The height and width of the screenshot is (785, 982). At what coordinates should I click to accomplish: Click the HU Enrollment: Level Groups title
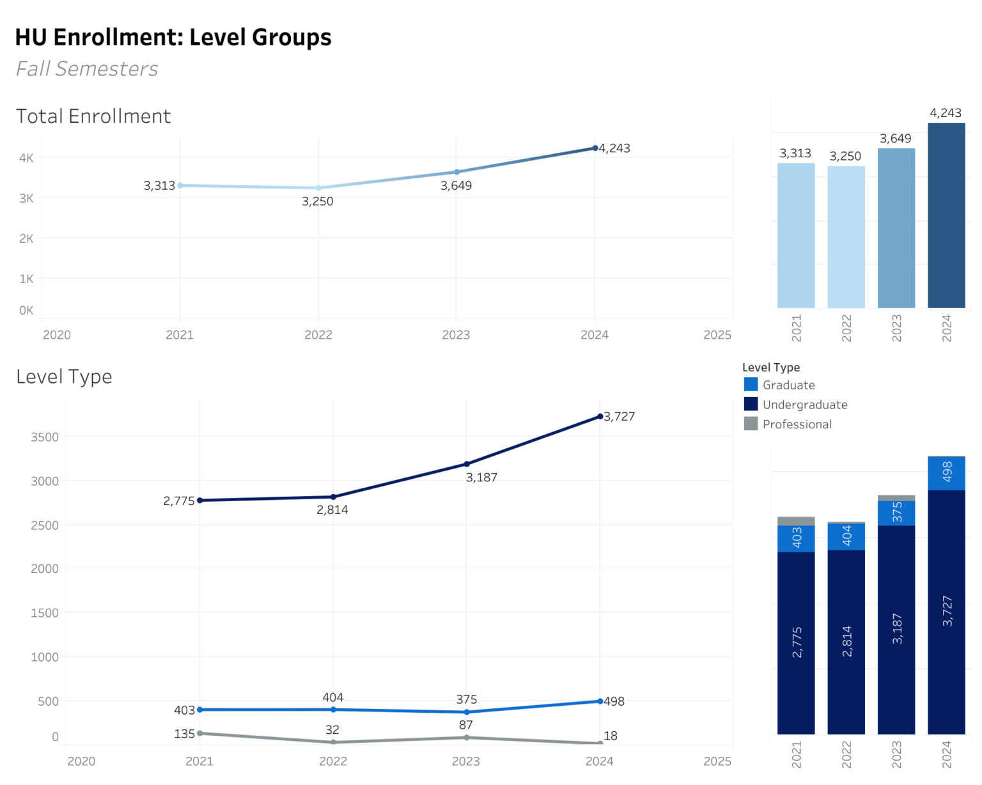(173, 37)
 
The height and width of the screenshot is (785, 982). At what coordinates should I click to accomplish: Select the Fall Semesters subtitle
(87, 68)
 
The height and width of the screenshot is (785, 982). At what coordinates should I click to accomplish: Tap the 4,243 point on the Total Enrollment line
(595, 148)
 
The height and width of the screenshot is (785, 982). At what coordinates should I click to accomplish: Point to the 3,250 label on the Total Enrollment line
(318, 201)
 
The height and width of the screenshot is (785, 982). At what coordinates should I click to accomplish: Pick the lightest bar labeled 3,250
(846, 237)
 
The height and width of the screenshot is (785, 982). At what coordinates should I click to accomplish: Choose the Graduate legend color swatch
(751, 384)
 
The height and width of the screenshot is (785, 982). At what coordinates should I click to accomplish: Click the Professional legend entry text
(797, 424)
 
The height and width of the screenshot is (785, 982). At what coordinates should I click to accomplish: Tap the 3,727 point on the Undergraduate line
(600, 417)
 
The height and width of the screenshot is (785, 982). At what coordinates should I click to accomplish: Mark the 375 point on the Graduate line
(467, 712)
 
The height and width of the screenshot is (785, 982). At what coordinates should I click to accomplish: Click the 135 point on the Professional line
(200, 733)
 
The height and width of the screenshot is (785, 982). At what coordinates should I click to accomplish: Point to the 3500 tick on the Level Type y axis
(45, 437)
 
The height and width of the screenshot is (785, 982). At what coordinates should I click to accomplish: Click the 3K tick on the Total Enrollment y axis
(26, 198)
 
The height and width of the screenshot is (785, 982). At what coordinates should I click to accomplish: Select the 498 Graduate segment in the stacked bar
(946, 473)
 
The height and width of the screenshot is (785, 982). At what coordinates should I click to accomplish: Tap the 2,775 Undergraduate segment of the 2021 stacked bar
(796, 642)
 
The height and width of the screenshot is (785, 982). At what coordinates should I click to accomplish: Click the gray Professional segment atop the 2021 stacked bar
(796, 521)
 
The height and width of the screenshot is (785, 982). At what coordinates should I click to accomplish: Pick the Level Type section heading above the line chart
(64, 377)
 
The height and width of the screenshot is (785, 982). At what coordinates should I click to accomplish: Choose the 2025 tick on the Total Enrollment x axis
(717, 335)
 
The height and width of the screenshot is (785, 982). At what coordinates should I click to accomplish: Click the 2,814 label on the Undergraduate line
(332, 510)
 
